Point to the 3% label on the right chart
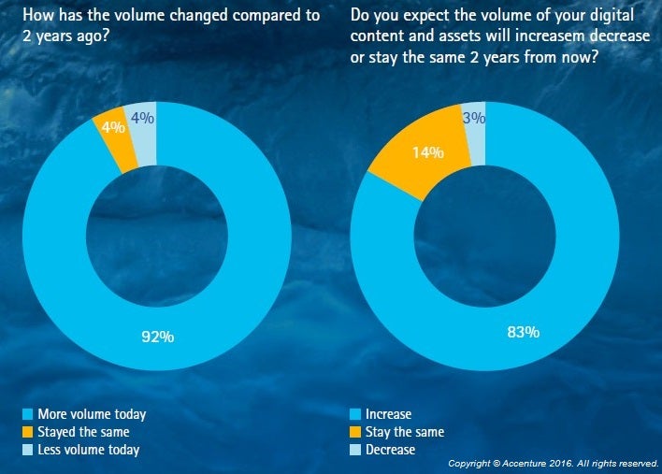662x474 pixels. pos(474,119)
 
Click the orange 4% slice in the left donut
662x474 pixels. pos(114,128)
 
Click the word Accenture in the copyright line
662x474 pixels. pos(528,464)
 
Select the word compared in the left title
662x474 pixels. pos(266,16)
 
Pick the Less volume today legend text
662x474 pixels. pos(88,450)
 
